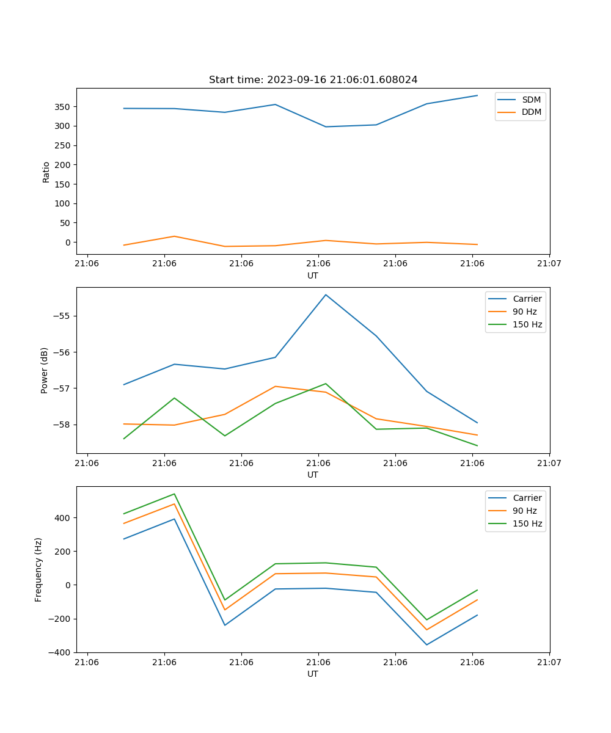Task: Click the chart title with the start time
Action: pos(313,80)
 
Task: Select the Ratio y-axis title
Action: pos(46,172)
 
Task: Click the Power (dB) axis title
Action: pos(45,370)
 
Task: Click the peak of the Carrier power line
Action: pos(326,295)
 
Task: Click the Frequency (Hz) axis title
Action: pos(38,569)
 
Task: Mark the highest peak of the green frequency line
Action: pos(174,494)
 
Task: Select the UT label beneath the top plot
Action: pos(313,276)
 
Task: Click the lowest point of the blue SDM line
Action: pos(326,127)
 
